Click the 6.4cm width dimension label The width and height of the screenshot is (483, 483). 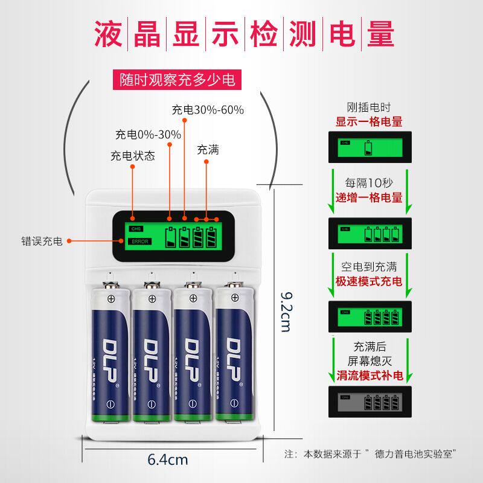tap(168, 459)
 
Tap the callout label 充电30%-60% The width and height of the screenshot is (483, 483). tap(207, 110)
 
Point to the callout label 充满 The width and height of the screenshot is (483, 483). tap(208, 150)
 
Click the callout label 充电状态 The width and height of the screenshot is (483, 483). tap(132, 155)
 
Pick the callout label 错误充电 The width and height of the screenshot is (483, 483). tap(41, 241)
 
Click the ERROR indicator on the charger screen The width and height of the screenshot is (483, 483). tap(138, 241)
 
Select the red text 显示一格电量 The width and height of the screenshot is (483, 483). tap(369, 121)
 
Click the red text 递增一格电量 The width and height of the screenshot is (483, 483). tap(369, 197)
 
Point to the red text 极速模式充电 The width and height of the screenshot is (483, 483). tap(369, 282)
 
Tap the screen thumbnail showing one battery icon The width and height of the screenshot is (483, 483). tap(369, 148)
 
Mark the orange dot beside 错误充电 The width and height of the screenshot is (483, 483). tap(69, 241)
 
